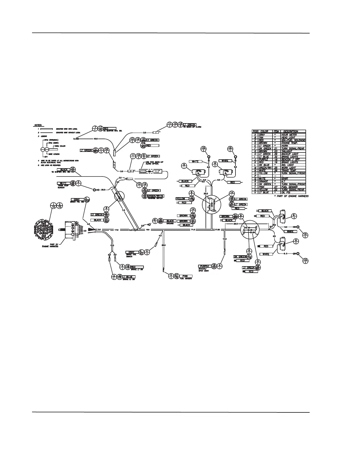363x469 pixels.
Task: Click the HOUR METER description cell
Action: [x=289, y=135]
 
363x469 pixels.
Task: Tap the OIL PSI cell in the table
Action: [x=285, y=192]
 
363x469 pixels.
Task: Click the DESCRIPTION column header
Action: [x=291, y=131]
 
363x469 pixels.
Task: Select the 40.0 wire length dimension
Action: [x=96, y=139]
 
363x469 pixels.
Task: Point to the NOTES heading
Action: [x=38, y=126]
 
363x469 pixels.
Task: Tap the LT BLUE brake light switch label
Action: [x=129, y=277]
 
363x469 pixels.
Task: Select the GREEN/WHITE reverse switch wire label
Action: [x=156, y=196]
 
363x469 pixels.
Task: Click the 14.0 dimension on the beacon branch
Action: [x=225, y=239]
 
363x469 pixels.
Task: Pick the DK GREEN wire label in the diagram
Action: [x=240, y=257]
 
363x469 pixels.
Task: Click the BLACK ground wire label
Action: [x=170, y=221]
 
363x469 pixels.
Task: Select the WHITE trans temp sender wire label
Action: [x=63, y=183]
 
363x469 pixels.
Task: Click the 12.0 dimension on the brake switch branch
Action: [x=112, y=245]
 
